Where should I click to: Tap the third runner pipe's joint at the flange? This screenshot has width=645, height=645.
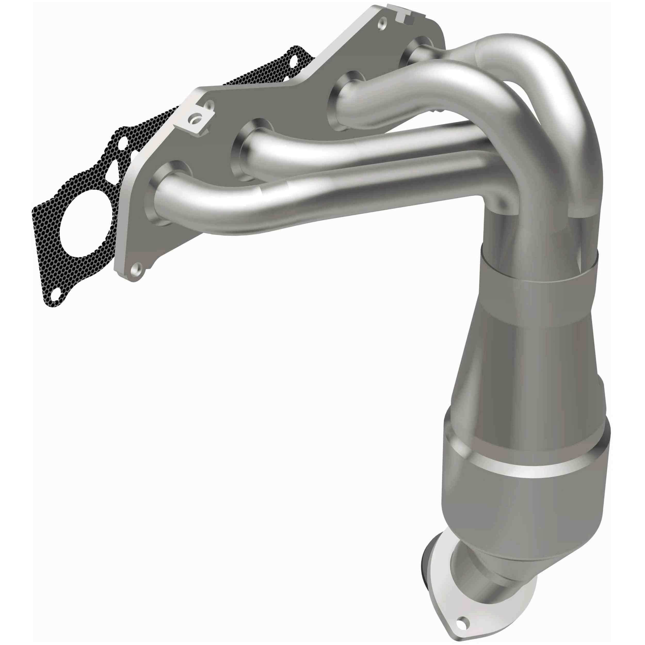coord(347,97)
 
